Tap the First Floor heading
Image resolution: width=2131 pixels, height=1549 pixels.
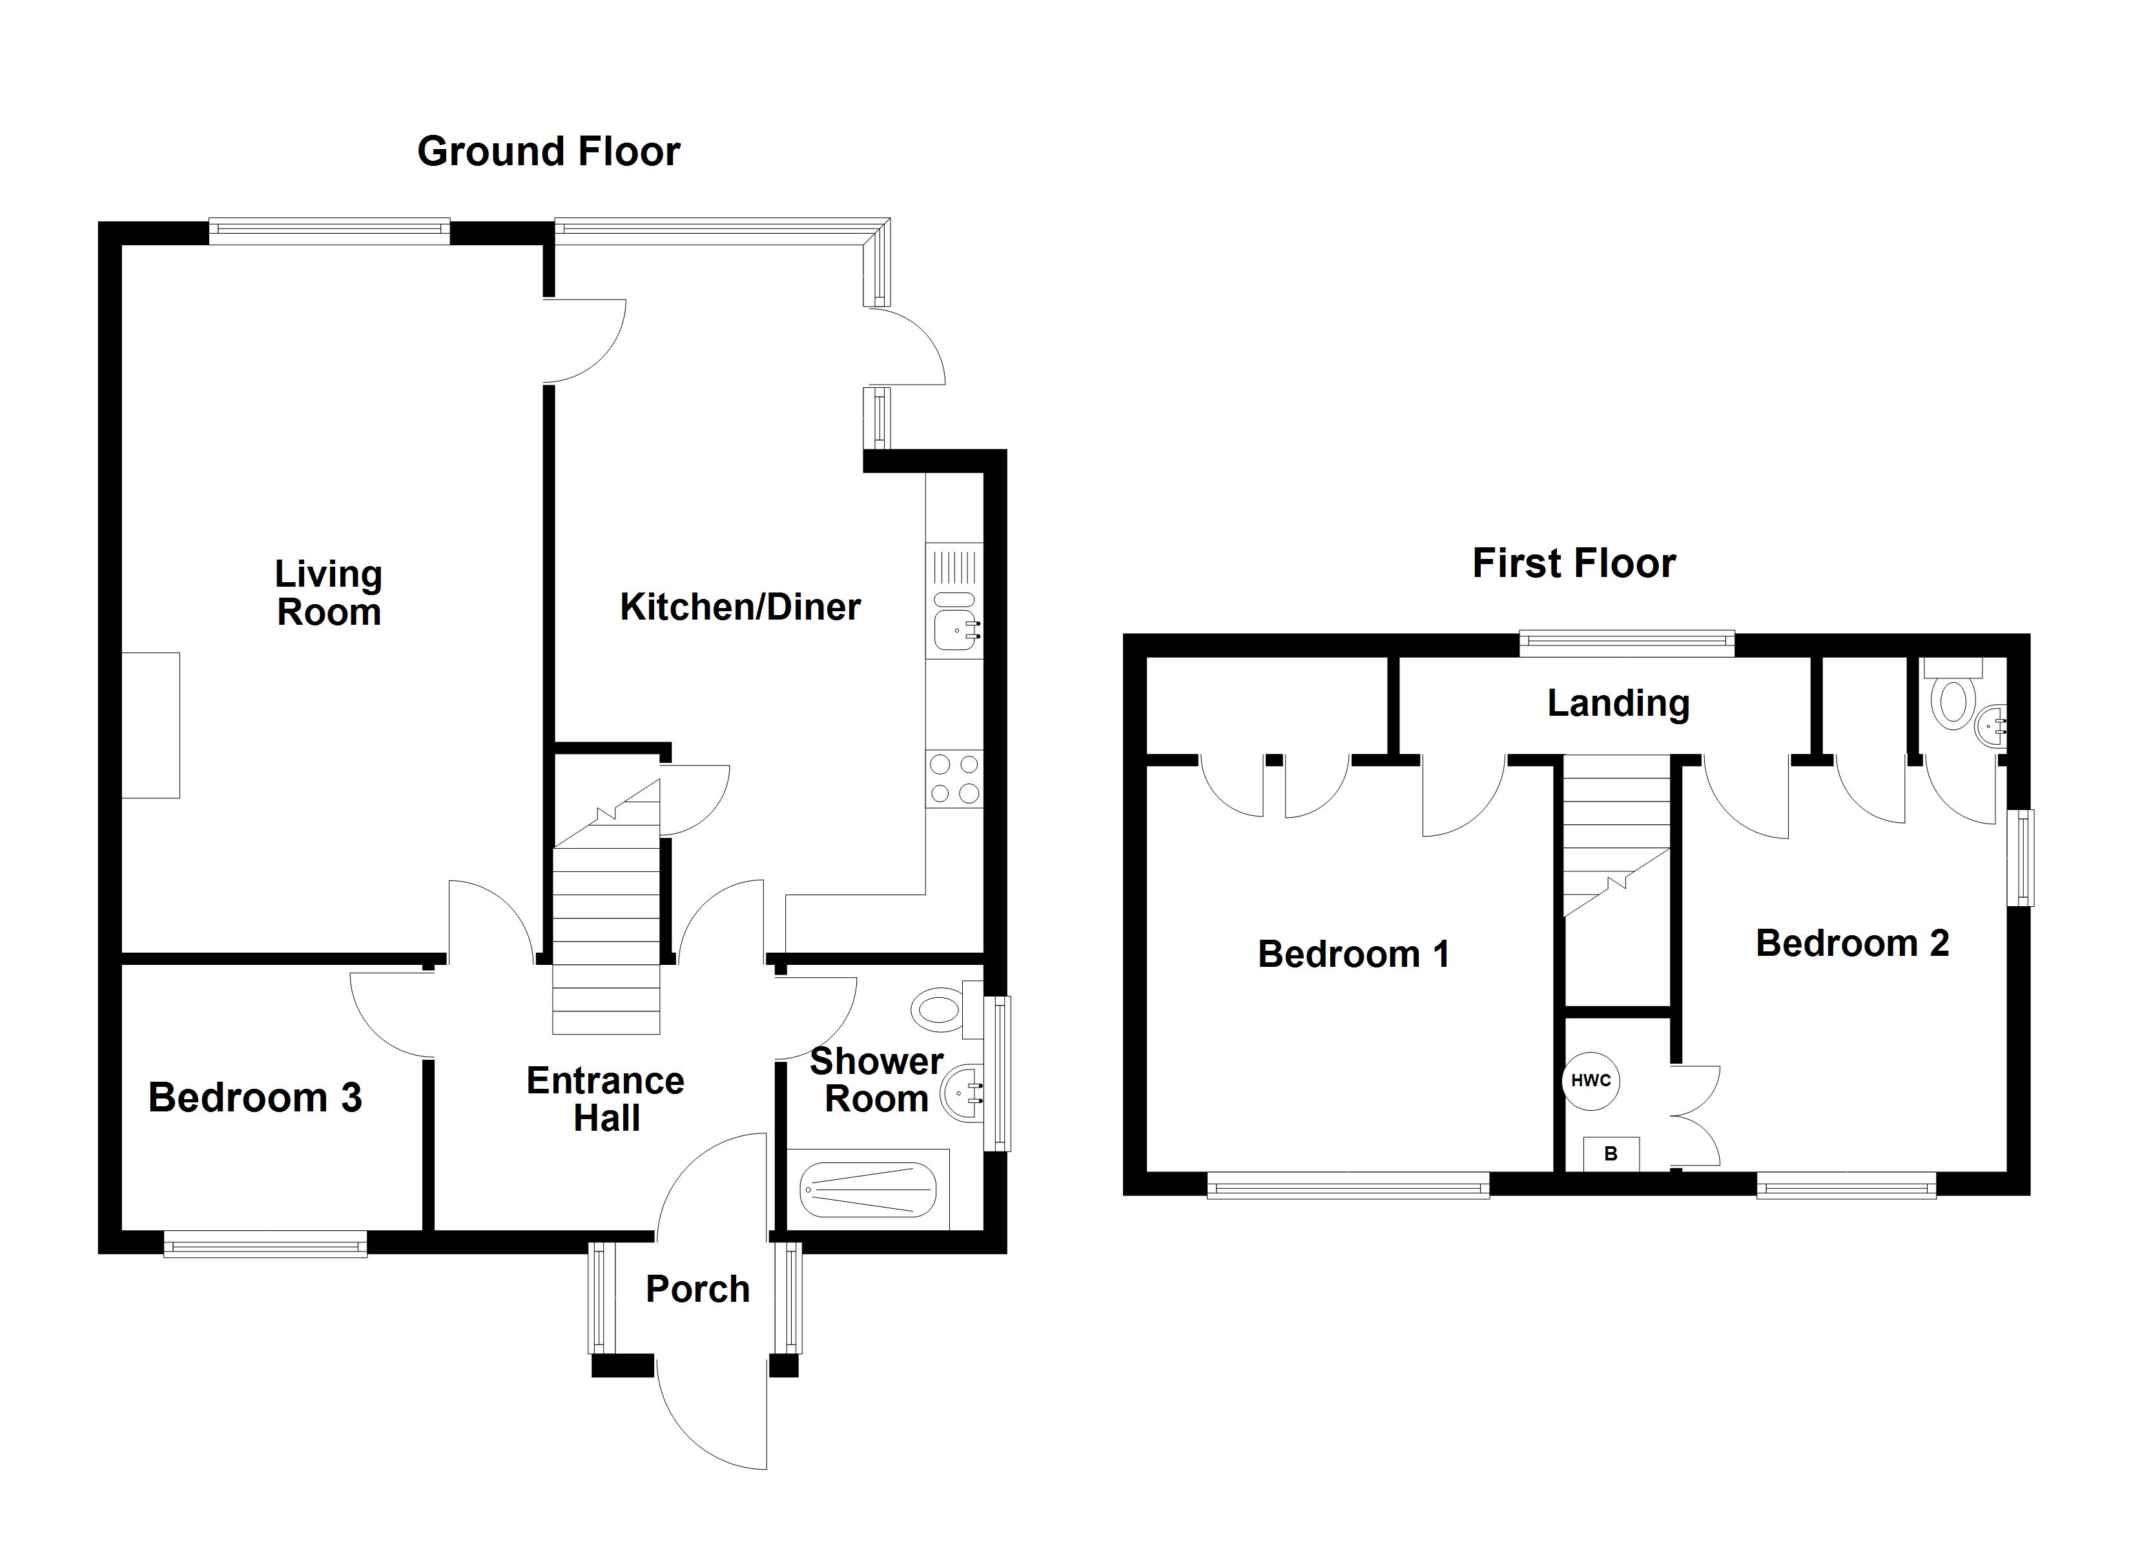pos(1573,563)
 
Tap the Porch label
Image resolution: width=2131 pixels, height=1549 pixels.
pos(697,1289)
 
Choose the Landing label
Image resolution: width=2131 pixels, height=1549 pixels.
pos(1618,703)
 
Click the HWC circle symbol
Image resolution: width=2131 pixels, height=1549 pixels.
pos(1591,1080)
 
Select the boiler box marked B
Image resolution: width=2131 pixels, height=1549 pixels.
pos(1611,1153)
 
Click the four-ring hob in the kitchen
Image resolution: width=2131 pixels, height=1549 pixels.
pos(954,779)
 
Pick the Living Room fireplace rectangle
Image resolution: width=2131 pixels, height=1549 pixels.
pos(150,725)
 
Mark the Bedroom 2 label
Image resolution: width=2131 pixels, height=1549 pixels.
pos(1852,943)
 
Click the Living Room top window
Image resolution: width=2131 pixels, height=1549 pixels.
pos(329,230)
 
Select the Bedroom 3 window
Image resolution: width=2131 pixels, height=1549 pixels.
pos(265,1246)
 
